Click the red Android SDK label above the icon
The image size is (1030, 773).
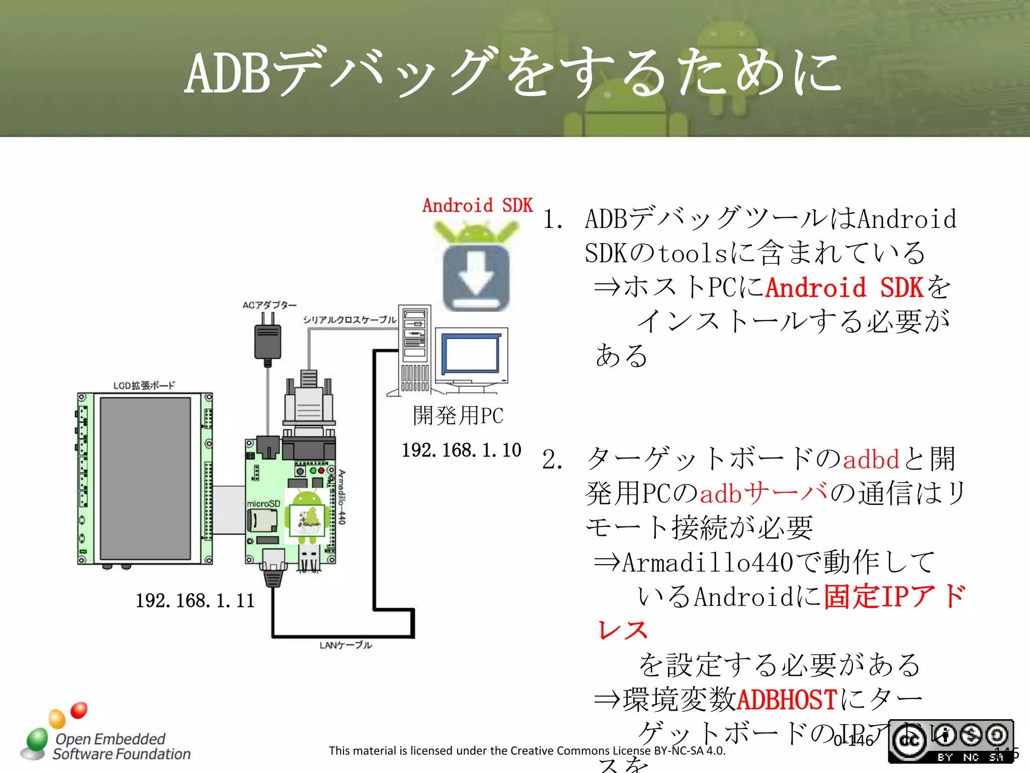pyautogui.click(x=477, y=205)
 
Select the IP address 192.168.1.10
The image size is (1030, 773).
pyautogui.click(x=461, y=450)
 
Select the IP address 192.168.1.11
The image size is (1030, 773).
pyautogui.click(x=195, y=600)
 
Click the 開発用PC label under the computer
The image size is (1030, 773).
pyautogui.click(x=458, y=416)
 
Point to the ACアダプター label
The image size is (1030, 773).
pyautogui.click(x=269, y=305)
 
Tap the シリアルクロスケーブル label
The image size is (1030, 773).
pyautogui.click(x=350, y=320)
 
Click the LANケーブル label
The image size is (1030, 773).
pyautogui.click(x=346, y=645)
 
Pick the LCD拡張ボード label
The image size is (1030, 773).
pyautogui.click(x=144, y=385)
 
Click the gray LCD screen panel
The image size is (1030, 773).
pyautogui.click(x=145, y=478)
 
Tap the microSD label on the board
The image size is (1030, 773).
pyautogui.click(x=263, y=503)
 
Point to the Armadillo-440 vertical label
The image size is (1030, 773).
pyautogui.click(x=342, y=497)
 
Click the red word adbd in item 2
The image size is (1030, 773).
pyautogui.click(x=871, y=459)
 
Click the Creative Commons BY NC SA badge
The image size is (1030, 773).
pyautogui.click(x=951, y=741)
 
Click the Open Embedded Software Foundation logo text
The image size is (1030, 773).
pyautogui.click(x=121, y=746)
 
